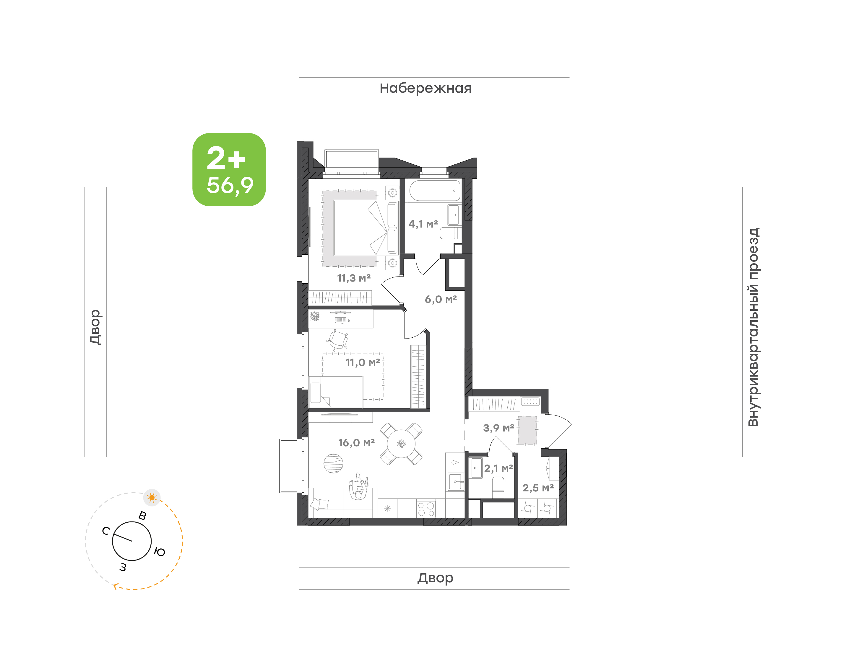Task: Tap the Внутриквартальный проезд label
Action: pos(753,327)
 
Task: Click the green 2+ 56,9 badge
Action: pos(229,169)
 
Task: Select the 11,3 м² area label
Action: pos(354,278)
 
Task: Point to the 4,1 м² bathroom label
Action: pos(423,224)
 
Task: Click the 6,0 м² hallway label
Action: pos(441,299)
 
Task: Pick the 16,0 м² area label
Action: pos(357,442)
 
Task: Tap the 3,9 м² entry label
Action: pos(498,428)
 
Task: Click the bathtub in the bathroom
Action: pos(435,190)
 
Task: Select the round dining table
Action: pos(402,444)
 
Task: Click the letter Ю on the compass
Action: pos(160,552)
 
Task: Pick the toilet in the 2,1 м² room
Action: pos(498,487)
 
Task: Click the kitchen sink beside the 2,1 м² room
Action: pos(455,481)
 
